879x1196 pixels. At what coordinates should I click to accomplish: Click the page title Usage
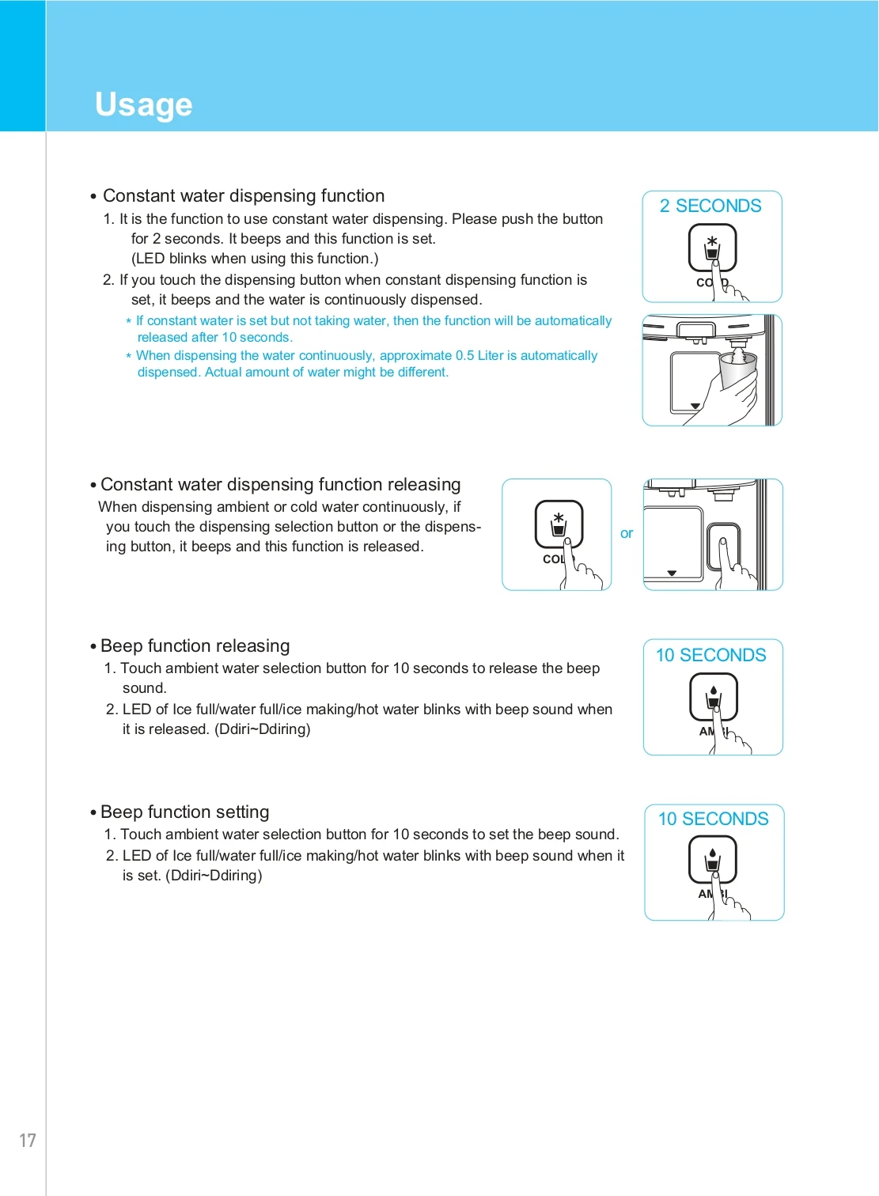(143, 104)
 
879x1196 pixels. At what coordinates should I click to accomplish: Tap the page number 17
(28, 1140)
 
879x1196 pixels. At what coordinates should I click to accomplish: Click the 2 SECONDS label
(710, 206)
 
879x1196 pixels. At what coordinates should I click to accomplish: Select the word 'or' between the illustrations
(627, 534)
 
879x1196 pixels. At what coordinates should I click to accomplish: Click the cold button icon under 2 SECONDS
(712, 248)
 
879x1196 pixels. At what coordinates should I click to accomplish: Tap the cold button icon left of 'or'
(559, 524)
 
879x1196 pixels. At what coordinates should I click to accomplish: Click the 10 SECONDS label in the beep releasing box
(710, 655)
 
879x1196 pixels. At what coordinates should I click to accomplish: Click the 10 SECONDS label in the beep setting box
(713, 819)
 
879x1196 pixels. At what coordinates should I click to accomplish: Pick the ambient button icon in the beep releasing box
(714, 696)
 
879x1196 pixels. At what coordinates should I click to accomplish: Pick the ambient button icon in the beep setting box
(713, 859)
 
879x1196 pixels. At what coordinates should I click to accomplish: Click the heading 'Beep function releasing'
(195, 645)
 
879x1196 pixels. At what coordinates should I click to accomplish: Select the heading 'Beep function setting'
(184, 812)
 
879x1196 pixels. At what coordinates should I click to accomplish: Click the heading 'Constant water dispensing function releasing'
(280, 484)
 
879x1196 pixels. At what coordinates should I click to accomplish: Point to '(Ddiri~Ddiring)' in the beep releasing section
(262, 729)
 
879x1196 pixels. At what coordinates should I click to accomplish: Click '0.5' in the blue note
(464, 356)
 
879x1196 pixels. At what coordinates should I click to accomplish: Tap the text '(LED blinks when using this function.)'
(255, 259)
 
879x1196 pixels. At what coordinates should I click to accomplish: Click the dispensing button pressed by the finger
(723, 546)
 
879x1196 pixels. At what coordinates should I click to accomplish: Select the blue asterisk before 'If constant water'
(129, 322)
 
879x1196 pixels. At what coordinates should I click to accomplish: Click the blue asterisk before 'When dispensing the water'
(129, 357)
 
